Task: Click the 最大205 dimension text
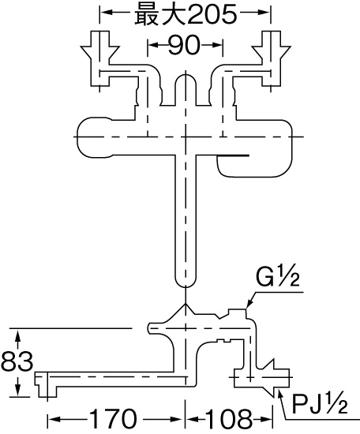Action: pyautogui.click(x=186, y=13)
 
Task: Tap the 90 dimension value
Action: pyautogui.click(x=184, y=45)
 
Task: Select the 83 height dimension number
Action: pyautogui.click(x=17, y=361)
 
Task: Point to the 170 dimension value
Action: pyautogui.click(x=114, y=419)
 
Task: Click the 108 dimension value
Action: pyautogui.click(x=229, y=419)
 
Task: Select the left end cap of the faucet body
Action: pyautogui.click(x=94, y=137)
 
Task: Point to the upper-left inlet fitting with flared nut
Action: pyautogui.click(x=100, y=58)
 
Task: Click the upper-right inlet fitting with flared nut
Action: pyautogui.click(x=271, y=58)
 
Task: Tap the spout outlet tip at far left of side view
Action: pyautogui.click(x=45, y=385)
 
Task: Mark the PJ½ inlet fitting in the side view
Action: pyautogui.click(x=261, y=378)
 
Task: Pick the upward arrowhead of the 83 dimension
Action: pyautogui.click(x=18, y=335)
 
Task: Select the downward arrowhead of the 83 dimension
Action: pyautogui.click(x=18, y=391)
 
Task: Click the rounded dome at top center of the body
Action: pyautogui.click(x=186, y=80)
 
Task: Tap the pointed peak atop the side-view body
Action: pyautogui.click(x=186, y=304)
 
